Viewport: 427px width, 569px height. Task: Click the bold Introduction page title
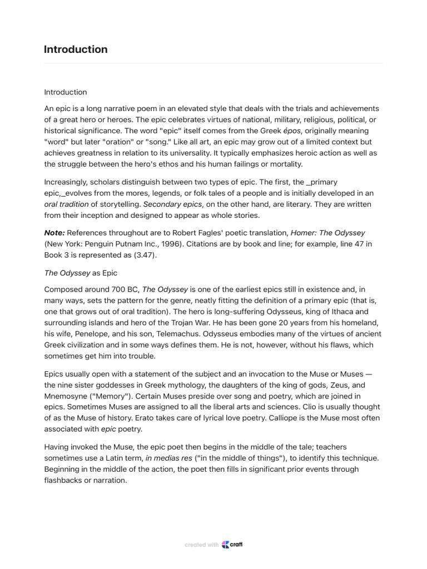[76, 49]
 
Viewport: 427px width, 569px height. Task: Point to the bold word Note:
[55, 233]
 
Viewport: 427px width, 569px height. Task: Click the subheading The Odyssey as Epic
[81, 273]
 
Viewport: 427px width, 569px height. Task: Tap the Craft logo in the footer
[232, 545]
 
